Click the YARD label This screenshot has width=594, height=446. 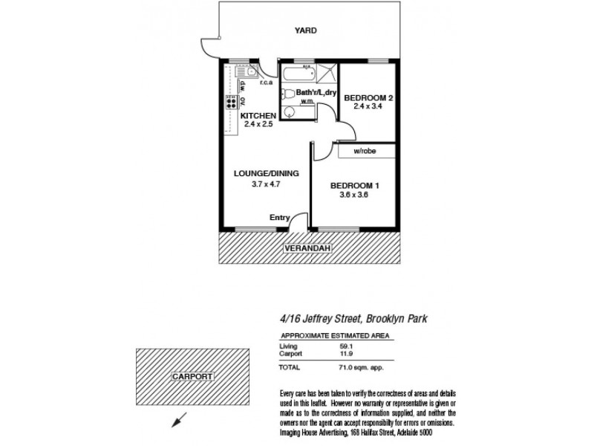[x=305, y=30]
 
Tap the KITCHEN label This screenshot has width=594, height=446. [x=258, y=117]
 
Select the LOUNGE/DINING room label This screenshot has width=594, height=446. [x=255, y=173]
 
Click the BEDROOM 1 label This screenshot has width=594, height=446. [x=354, y=186]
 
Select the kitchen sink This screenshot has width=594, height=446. [x=247, y=73]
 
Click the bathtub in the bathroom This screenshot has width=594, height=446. [x=296, y=73]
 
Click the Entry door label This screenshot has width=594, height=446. [x=280, y=218]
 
